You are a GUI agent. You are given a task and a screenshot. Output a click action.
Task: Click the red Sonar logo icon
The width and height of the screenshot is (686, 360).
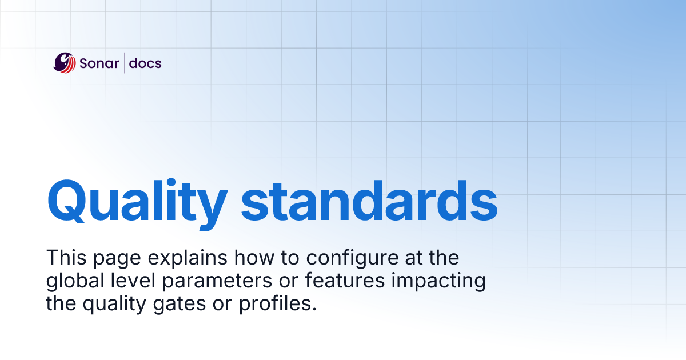pyautogui.click(x=65, y=63)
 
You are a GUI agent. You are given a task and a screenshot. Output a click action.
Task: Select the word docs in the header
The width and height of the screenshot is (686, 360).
pyautogui.click(x=145, y=63)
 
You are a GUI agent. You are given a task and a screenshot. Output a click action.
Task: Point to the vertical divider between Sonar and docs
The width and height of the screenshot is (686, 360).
pyautogui.click(x=125, y=63)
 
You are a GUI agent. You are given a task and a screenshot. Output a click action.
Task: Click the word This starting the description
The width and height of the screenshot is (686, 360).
pyautogui.click(x=65, y=258)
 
